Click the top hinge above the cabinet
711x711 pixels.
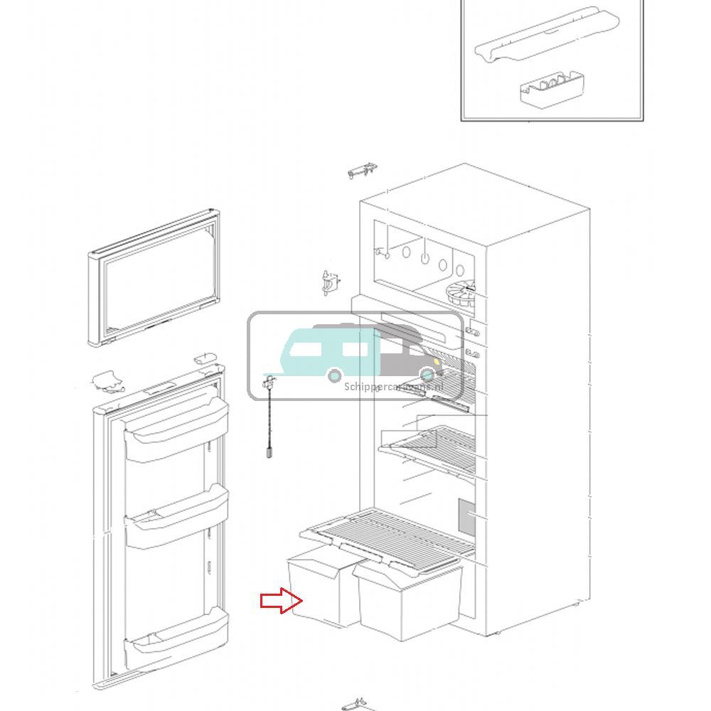click(x=362, y=171)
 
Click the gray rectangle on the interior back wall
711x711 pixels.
click(x=466, y=518)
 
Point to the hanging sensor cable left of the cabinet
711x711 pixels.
click(x=270, y=419)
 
